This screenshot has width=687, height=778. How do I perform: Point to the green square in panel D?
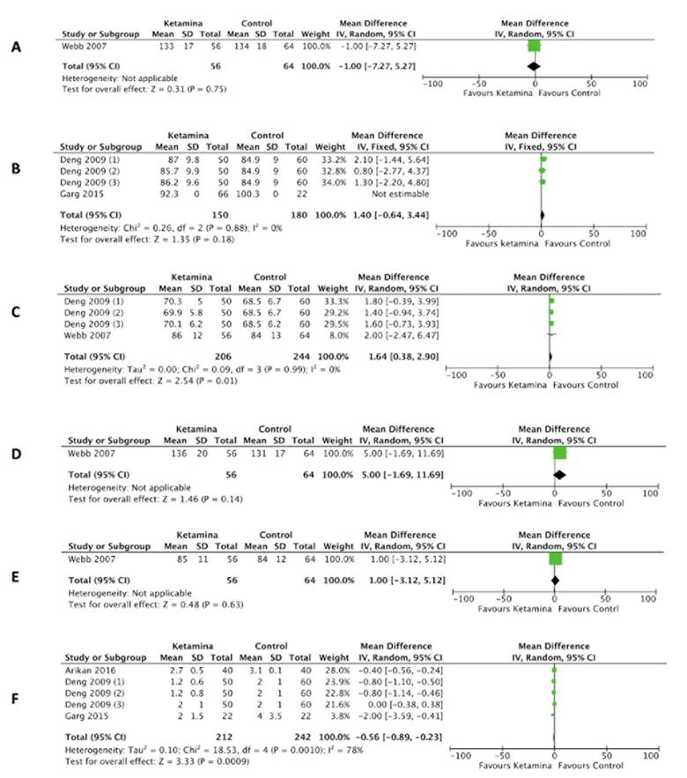click(x=559, y=454)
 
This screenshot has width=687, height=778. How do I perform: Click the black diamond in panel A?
click(x=533, y=66)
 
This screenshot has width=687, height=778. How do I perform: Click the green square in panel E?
click(x=555, y=559)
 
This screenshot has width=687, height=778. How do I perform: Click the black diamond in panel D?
click(x=558, y=473)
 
